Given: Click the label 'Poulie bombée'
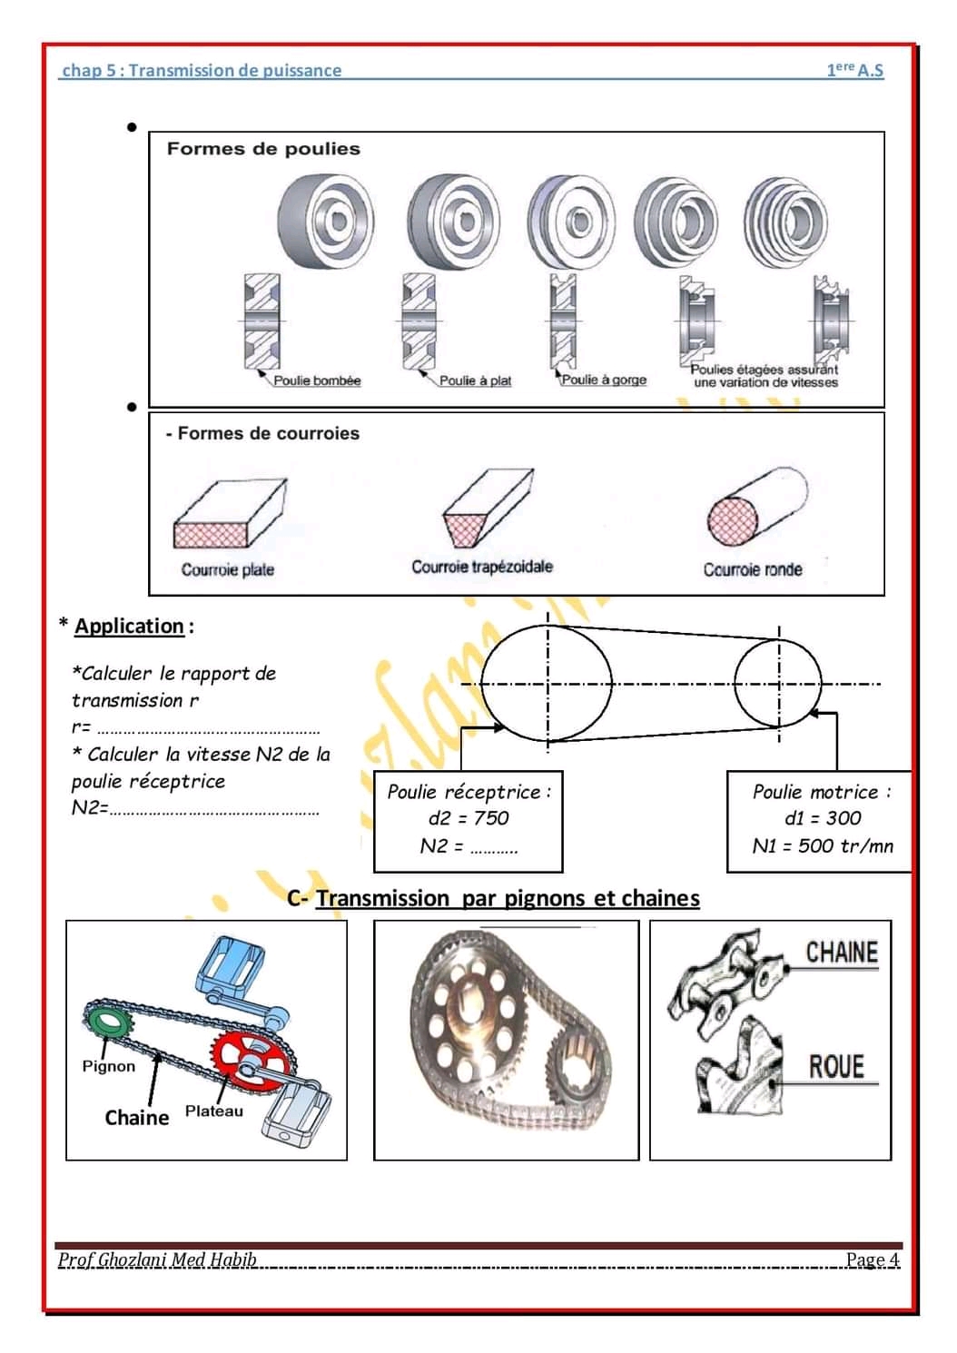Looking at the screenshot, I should click(x=317, y=380).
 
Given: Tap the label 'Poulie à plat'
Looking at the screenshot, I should click(x=475, y=380).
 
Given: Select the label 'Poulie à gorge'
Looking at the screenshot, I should click(x=604, y=380).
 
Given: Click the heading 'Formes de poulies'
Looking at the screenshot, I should click(x=263, y=149).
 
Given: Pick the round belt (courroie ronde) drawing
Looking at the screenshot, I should click(x=755, y=508).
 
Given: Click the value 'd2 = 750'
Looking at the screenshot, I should click(x=469, y=818).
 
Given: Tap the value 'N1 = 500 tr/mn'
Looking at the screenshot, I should click(x=823, y=846).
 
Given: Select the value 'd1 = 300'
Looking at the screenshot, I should click(x=823, y=818).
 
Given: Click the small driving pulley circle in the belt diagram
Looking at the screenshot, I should click(x=778, y=683).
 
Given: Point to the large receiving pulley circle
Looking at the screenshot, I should click(x=547, y=683).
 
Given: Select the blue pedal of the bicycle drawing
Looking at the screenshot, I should click(x=231, y=964).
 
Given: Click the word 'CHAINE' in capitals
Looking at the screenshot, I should click(x=842, y=953).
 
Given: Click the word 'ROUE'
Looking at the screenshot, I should click(x=836, y=1066).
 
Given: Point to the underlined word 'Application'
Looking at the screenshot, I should click(x=129, y=626).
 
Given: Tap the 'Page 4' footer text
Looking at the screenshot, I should click(x=872, y=1259).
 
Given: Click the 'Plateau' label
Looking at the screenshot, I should click(x=214, y=1111).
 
